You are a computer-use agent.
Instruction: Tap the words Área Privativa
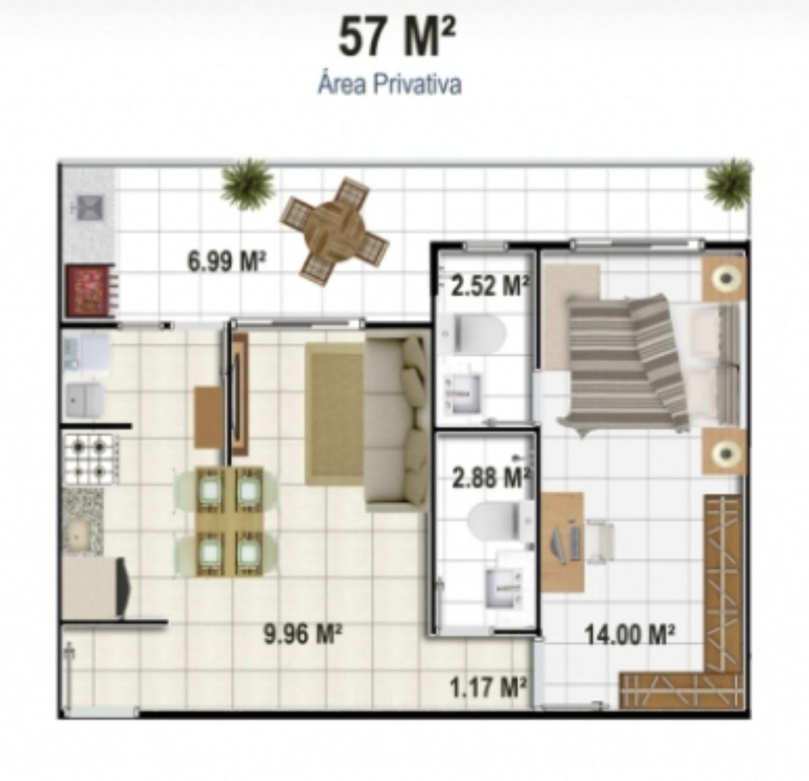[x=389, y=85]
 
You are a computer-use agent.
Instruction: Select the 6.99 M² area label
[x=226, y=262]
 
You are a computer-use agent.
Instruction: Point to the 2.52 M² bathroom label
[x=490, y=286]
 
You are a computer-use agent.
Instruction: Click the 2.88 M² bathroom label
[x=490, y=477]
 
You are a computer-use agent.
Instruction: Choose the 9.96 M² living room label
[x=303, y=634]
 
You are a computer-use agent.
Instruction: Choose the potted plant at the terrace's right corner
[x=729, y=183]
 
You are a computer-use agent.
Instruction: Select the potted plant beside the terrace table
[x=248, y=184]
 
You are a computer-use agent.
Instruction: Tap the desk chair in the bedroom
[x=599, y=541]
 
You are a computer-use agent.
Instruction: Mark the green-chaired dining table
[x=229, y=522]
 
